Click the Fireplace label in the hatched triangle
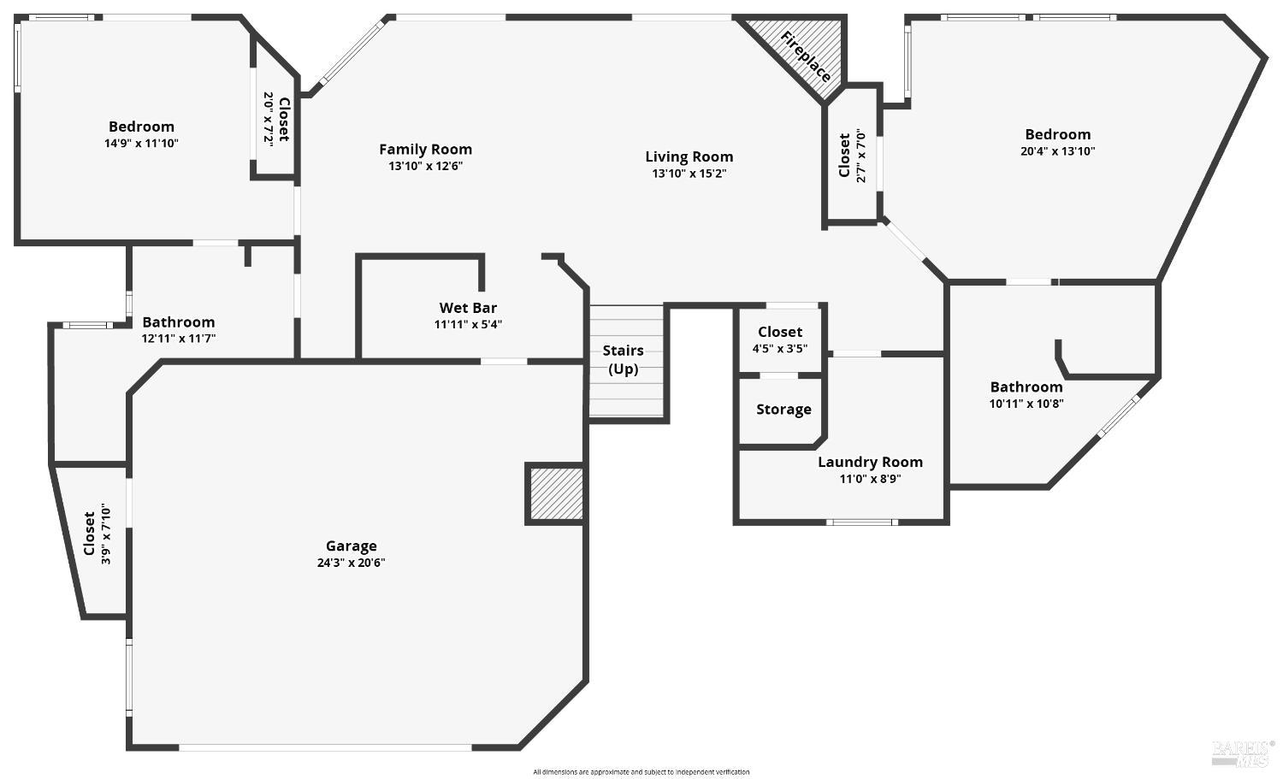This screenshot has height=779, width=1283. [x=805, y=56]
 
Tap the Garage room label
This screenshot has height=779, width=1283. [x=351, y=546]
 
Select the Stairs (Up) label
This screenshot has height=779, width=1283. [x=623, y=359]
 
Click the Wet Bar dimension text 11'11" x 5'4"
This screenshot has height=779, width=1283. [x=468, y=324]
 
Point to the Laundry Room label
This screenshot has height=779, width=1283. [x=870, y=462]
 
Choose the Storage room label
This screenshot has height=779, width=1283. [x=783, y=410]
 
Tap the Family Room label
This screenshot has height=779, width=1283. [x=425, y=150]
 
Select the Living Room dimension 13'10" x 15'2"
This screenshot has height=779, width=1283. [x=689, y=174]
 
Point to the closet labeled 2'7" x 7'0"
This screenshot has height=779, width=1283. [x=852, y=155]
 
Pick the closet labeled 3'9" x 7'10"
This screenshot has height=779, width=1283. [x=97, y=534]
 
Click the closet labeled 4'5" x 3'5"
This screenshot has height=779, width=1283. [x=779, y=339]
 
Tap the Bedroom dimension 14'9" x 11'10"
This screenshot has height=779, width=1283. [x=141, y=144]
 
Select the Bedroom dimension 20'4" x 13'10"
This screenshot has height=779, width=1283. [x=1058, y=151]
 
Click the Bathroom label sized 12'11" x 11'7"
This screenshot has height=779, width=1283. [x=178, y=322]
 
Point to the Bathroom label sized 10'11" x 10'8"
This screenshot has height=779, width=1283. [x=1026, y=387]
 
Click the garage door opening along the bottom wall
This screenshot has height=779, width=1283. [x=325, y=747]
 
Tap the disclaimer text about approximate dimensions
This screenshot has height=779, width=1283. [x=641, y=772]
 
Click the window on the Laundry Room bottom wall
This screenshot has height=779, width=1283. [x=861, y=522]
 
